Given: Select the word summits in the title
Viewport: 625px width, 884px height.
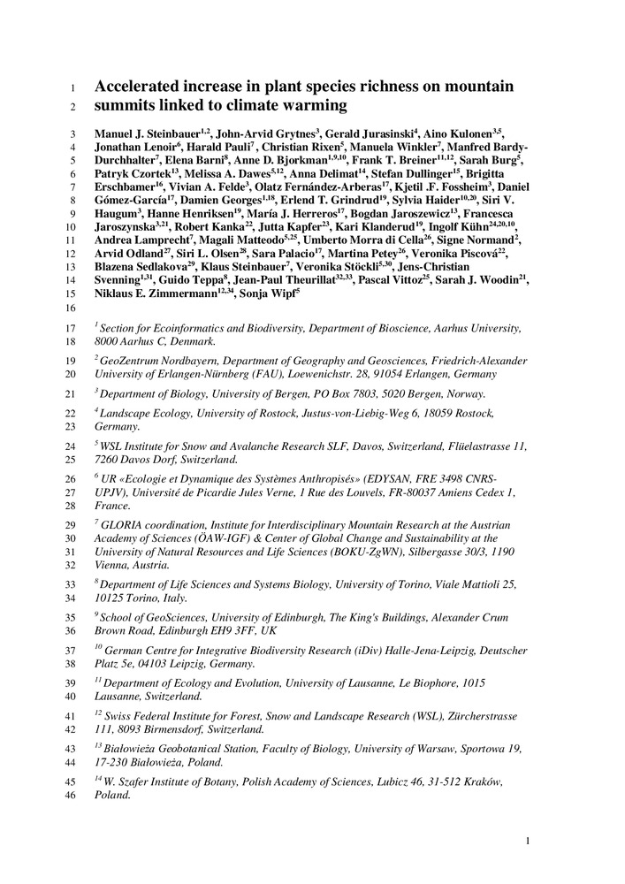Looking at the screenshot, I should [x=127, y=106].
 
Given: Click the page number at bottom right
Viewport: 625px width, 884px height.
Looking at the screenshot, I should [x=527, y=841].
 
